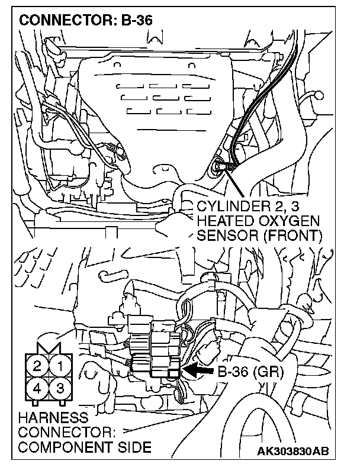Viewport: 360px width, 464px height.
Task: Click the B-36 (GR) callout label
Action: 250,373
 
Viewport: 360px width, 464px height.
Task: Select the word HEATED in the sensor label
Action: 218,221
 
